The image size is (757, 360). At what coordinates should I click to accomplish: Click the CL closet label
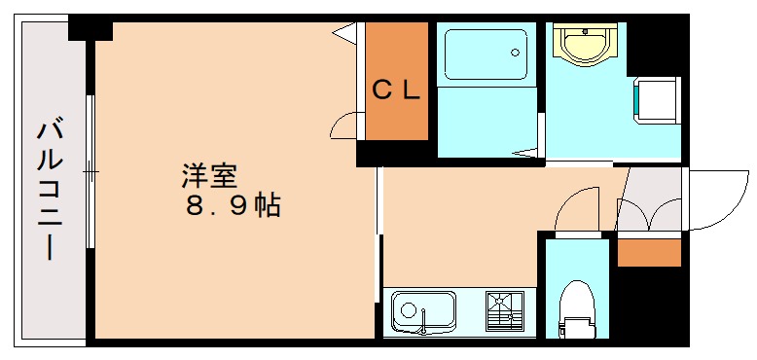(x=396, y=90)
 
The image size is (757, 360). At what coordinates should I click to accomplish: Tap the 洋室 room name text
(x=209, y=177)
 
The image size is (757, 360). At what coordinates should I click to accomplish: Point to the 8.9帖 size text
(x=233, y=206)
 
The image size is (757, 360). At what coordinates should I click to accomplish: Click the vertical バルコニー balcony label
(x=50, y=191)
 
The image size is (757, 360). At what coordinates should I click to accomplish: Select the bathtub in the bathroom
(x=486, y=54)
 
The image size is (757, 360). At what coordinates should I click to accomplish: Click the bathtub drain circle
(x=516, y=53)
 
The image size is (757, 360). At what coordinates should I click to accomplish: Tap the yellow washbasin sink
(x=585, y=45)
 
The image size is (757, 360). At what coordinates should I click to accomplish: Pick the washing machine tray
(x=655, y=100)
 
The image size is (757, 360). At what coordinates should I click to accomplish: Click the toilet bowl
(x=577, y=299)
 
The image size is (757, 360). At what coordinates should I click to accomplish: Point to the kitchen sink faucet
(x=423, y=321)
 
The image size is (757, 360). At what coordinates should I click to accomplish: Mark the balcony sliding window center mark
(x=90, y=172)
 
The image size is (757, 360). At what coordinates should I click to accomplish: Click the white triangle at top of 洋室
(x=345, y=33)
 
